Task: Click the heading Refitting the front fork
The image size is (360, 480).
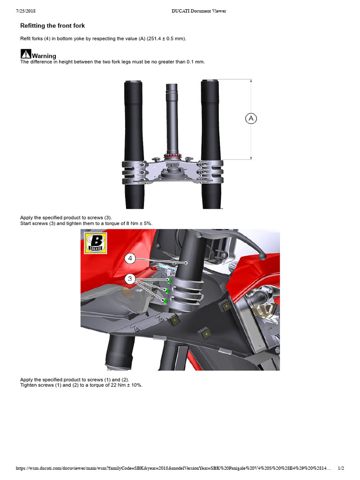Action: (52, 25)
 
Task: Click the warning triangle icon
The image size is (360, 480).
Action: (25, 54)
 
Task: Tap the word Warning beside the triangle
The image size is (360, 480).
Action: (44, 56)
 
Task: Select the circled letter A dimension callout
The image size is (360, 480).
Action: (251, 119)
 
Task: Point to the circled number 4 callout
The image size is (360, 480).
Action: (131, 258)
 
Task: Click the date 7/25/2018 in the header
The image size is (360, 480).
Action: (27, 11)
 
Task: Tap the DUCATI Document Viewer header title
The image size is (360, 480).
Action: (199, 11)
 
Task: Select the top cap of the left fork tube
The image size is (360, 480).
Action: (134, 82)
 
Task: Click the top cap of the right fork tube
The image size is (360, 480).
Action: (210, 82)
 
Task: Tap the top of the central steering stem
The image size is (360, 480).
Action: (172, 86)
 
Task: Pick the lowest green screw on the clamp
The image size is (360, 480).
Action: (165, 301)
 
